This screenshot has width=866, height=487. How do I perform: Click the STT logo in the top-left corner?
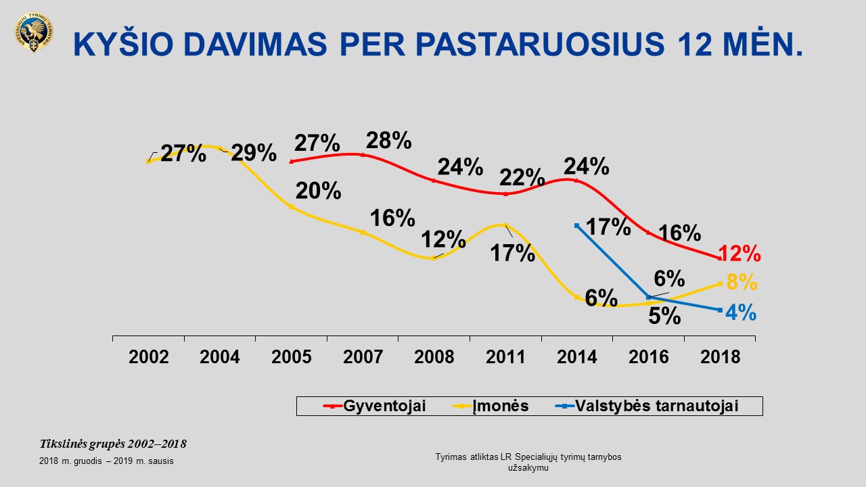tap(33, 34)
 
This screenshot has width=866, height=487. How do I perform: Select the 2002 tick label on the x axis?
tap(149, 357)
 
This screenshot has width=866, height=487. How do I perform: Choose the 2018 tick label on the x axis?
tap(721, 357)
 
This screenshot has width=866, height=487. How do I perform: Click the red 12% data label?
tap(740, 254)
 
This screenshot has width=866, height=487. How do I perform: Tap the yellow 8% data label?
tap(742, 283)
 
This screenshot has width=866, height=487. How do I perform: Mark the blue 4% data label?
tap(741, 313)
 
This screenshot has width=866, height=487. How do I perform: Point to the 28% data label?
tap(389, 141)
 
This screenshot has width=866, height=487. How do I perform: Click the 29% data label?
tap(254, 153)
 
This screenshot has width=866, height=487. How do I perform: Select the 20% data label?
tap(318, 191)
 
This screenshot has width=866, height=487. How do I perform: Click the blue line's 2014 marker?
tap(576, 225)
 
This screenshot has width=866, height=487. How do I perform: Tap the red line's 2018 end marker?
tap(719, 258)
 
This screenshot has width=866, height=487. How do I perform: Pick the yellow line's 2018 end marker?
tap(720, 284)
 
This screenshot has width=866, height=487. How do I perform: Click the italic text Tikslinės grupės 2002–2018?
tap(113, 444)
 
